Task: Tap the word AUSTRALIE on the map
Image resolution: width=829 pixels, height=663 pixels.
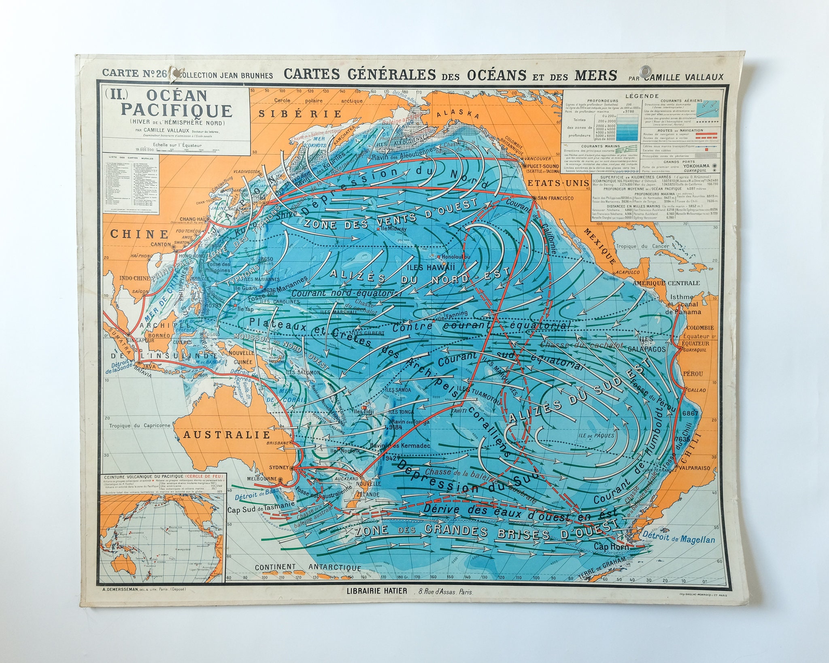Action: (x=226, y=435)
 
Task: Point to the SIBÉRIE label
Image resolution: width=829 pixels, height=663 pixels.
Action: (x=300, y=113)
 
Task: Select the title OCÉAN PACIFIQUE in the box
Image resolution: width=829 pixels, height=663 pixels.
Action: (x=177, y=103)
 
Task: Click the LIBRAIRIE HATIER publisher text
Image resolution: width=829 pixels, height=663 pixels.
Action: (x=376, y=602)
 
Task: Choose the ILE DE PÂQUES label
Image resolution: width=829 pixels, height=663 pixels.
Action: (x=597, y=436)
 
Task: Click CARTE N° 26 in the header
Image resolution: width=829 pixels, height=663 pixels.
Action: (x=129, y=74)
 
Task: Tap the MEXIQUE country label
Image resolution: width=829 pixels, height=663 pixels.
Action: (x=600, y=246)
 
